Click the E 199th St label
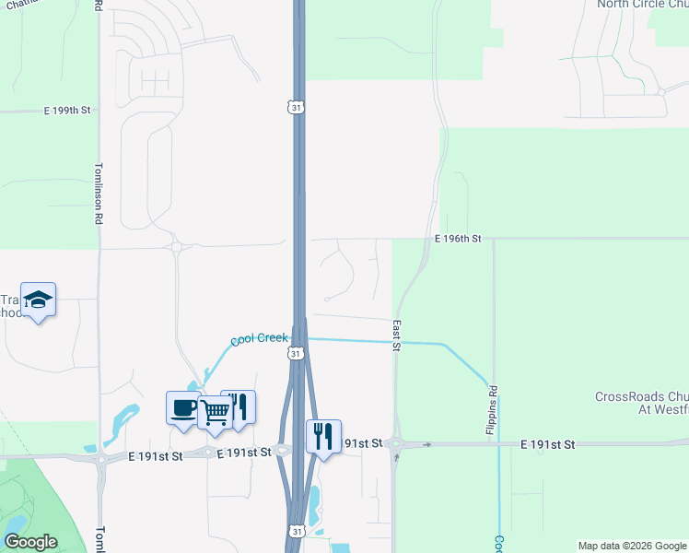coord(68,111)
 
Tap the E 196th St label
coord(459,239)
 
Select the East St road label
coord(396,335)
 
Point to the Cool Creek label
coord(259,339)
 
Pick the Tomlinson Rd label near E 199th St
coord(98,194)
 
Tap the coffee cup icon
coord(183,407)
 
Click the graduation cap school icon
coord(38,300)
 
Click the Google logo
coord(31,542)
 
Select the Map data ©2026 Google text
coord(631,546)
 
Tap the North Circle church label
coord(642,4)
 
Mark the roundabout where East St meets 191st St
coord(396,444)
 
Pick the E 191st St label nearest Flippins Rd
coord(547,444)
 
